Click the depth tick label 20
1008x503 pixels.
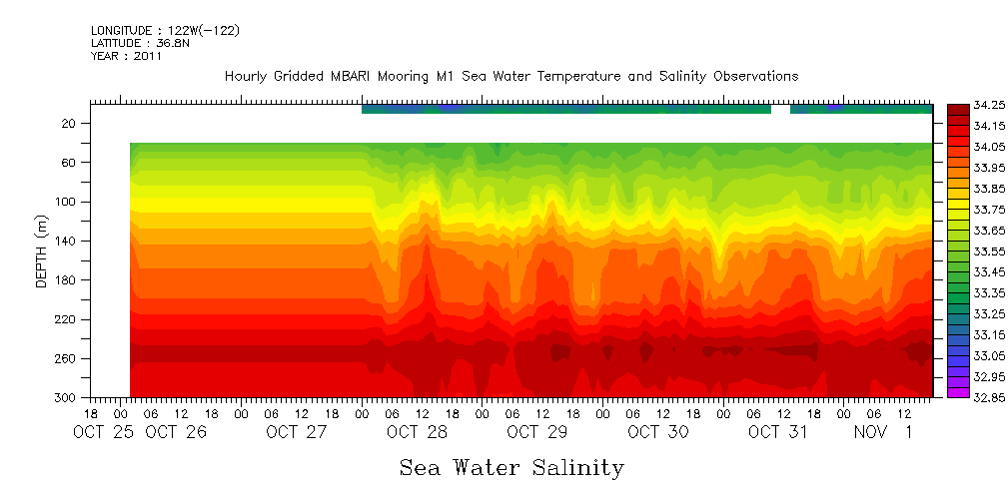70,123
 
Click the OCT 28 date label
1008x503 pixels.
417,432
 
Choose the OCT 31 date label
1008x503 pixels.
778,432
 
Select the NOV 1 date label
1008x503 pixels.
884,432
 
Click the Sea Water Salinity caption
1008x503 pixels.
511,468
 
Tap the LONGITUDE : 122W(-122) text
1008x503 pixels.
165,30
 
